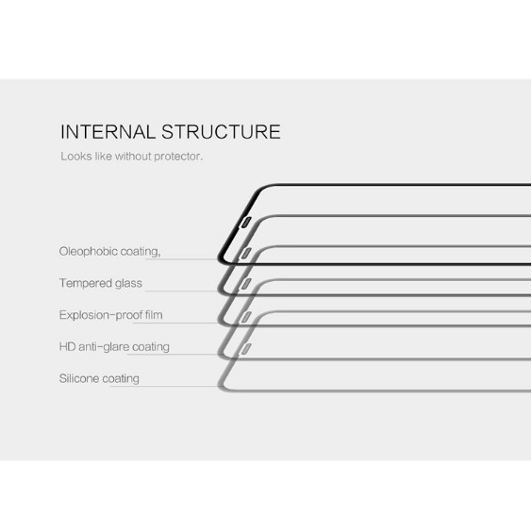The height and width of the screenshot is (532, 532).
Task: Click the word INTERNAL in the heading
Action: click(108, 132)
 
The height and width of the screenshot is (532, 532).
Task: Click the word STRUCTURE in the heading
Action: click(222, 132)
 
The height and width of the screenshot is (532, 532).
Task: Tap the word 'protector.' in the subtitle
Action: click(178, 157)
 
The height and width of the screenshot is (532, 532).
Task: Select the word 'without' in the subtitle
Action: click(133, 156)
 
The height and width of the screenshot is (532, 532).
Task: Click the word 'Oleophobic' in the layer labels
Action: click(89, 252)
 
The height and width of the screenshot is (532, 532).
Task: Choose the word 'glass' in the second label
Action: click(128, 283)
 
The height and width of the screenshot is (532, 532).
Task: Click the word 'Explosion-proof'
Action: click(101, 315)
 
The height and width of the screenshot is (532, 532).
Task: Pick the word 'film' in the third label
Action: click(154, 315)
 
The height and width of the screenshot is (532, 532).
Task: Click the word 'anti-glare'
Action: click(104, 347)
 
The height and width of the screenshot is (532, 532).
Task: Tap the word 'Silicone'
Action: click(79, 378)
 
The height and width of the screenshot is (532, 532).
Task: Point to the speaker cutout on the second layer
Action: click(246, 254)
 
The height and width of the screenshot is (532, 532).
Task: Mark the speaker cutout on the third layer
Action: click(246, 284)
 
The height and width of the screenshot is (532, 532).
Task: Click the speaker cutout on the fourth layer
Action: click(246, 317)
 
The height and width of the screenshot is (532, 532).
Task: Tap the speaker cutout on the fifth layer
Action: click(246, 349)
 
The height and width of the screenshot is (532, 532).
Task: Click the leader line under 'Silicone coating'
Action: click(164, 387)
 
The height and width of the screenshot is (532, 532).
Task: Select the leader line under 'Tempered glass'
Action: click(182, 291)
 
